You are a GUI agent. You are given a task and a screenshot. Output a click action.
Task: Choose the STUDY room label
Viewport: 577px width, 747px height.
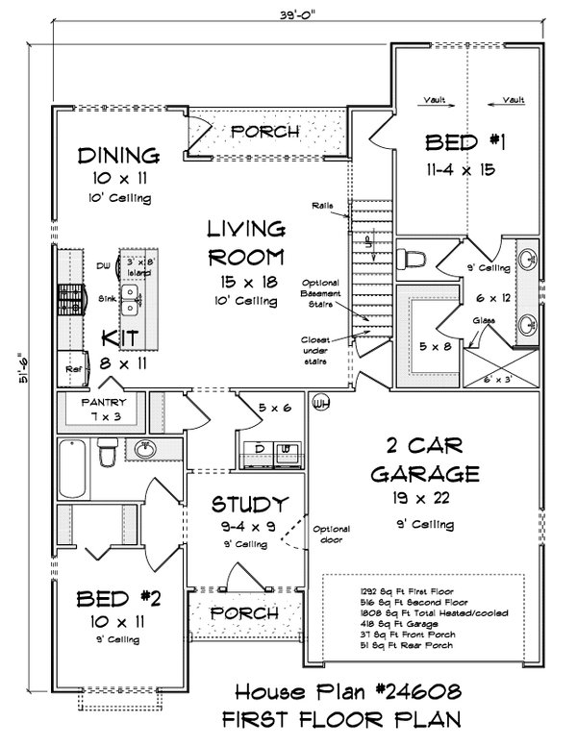[250, 504]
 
